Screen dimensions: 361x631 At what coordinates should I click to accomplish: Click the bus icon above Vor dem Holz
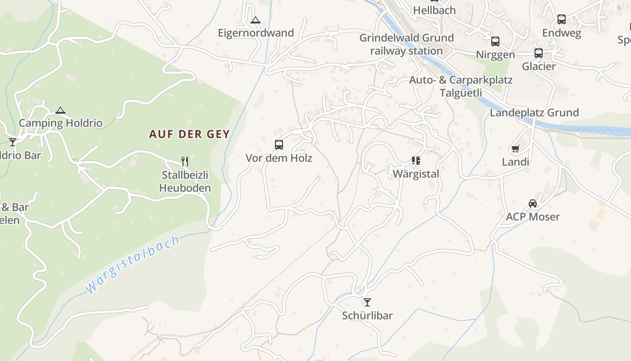[279, 145]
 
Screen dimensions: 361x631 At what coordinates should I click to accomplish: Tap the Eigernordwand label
[256, 33]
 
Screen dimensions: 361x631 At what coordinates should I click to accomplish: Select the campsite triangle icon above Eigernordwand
[256, 20]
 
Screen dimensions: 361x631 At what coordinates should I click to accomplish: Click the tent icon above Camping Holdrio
[60, 110]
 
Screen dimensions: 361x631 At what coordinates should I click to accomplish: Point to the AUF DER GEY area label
[189, 134]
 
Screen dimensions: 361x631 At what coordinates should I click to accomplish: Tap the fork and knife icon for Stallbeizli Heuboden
[184, 161]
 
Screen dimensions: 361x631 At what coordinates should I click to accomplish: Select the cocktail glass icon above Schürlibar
[367, 302]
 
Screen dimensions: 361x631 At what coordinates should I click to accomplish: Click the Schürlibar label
[367, 315]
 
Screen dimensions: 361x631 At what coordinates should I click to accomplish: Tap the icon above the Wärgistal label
[416, 160]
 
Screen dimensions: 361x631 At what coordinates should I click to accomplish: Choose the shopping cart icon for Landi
[515, 148]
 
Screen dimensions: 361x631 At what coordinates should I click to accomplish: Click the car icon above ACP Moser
[533, 204]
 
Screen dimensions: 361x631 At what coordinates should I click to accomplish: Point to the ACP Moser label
[533, 217]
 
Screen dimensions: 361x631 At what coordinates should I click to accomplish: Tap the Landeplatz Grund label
[534, 113]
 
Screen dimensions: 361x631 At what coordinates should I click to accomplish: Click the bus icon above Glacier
[539, 53]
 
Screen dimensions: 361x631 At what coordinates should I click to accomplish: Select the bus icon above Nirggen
[495, 42]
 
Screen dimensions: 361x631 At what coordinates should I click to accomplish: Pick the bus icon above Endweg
[562, 19]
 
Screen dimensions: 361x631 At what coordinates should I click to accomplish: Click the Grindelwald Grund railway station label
[406, 44]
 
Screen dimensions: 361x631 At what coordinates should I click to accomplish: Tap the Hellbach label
[434, 10]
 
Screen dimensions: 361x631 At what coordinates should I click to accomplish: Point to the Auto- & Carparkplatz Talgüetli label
[461, 86]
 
